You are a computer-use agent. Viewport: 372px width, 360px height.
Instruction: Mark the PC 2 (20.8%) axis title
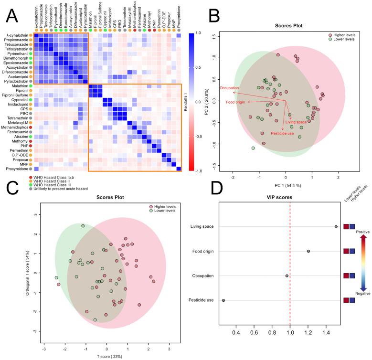tap(203, 101)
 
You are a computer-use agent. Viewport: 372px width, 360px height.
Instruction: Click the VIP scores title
tap(289, 198)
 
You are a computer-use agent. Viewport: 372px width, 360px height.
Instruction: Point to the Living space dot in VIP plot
tap(336, 227)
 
